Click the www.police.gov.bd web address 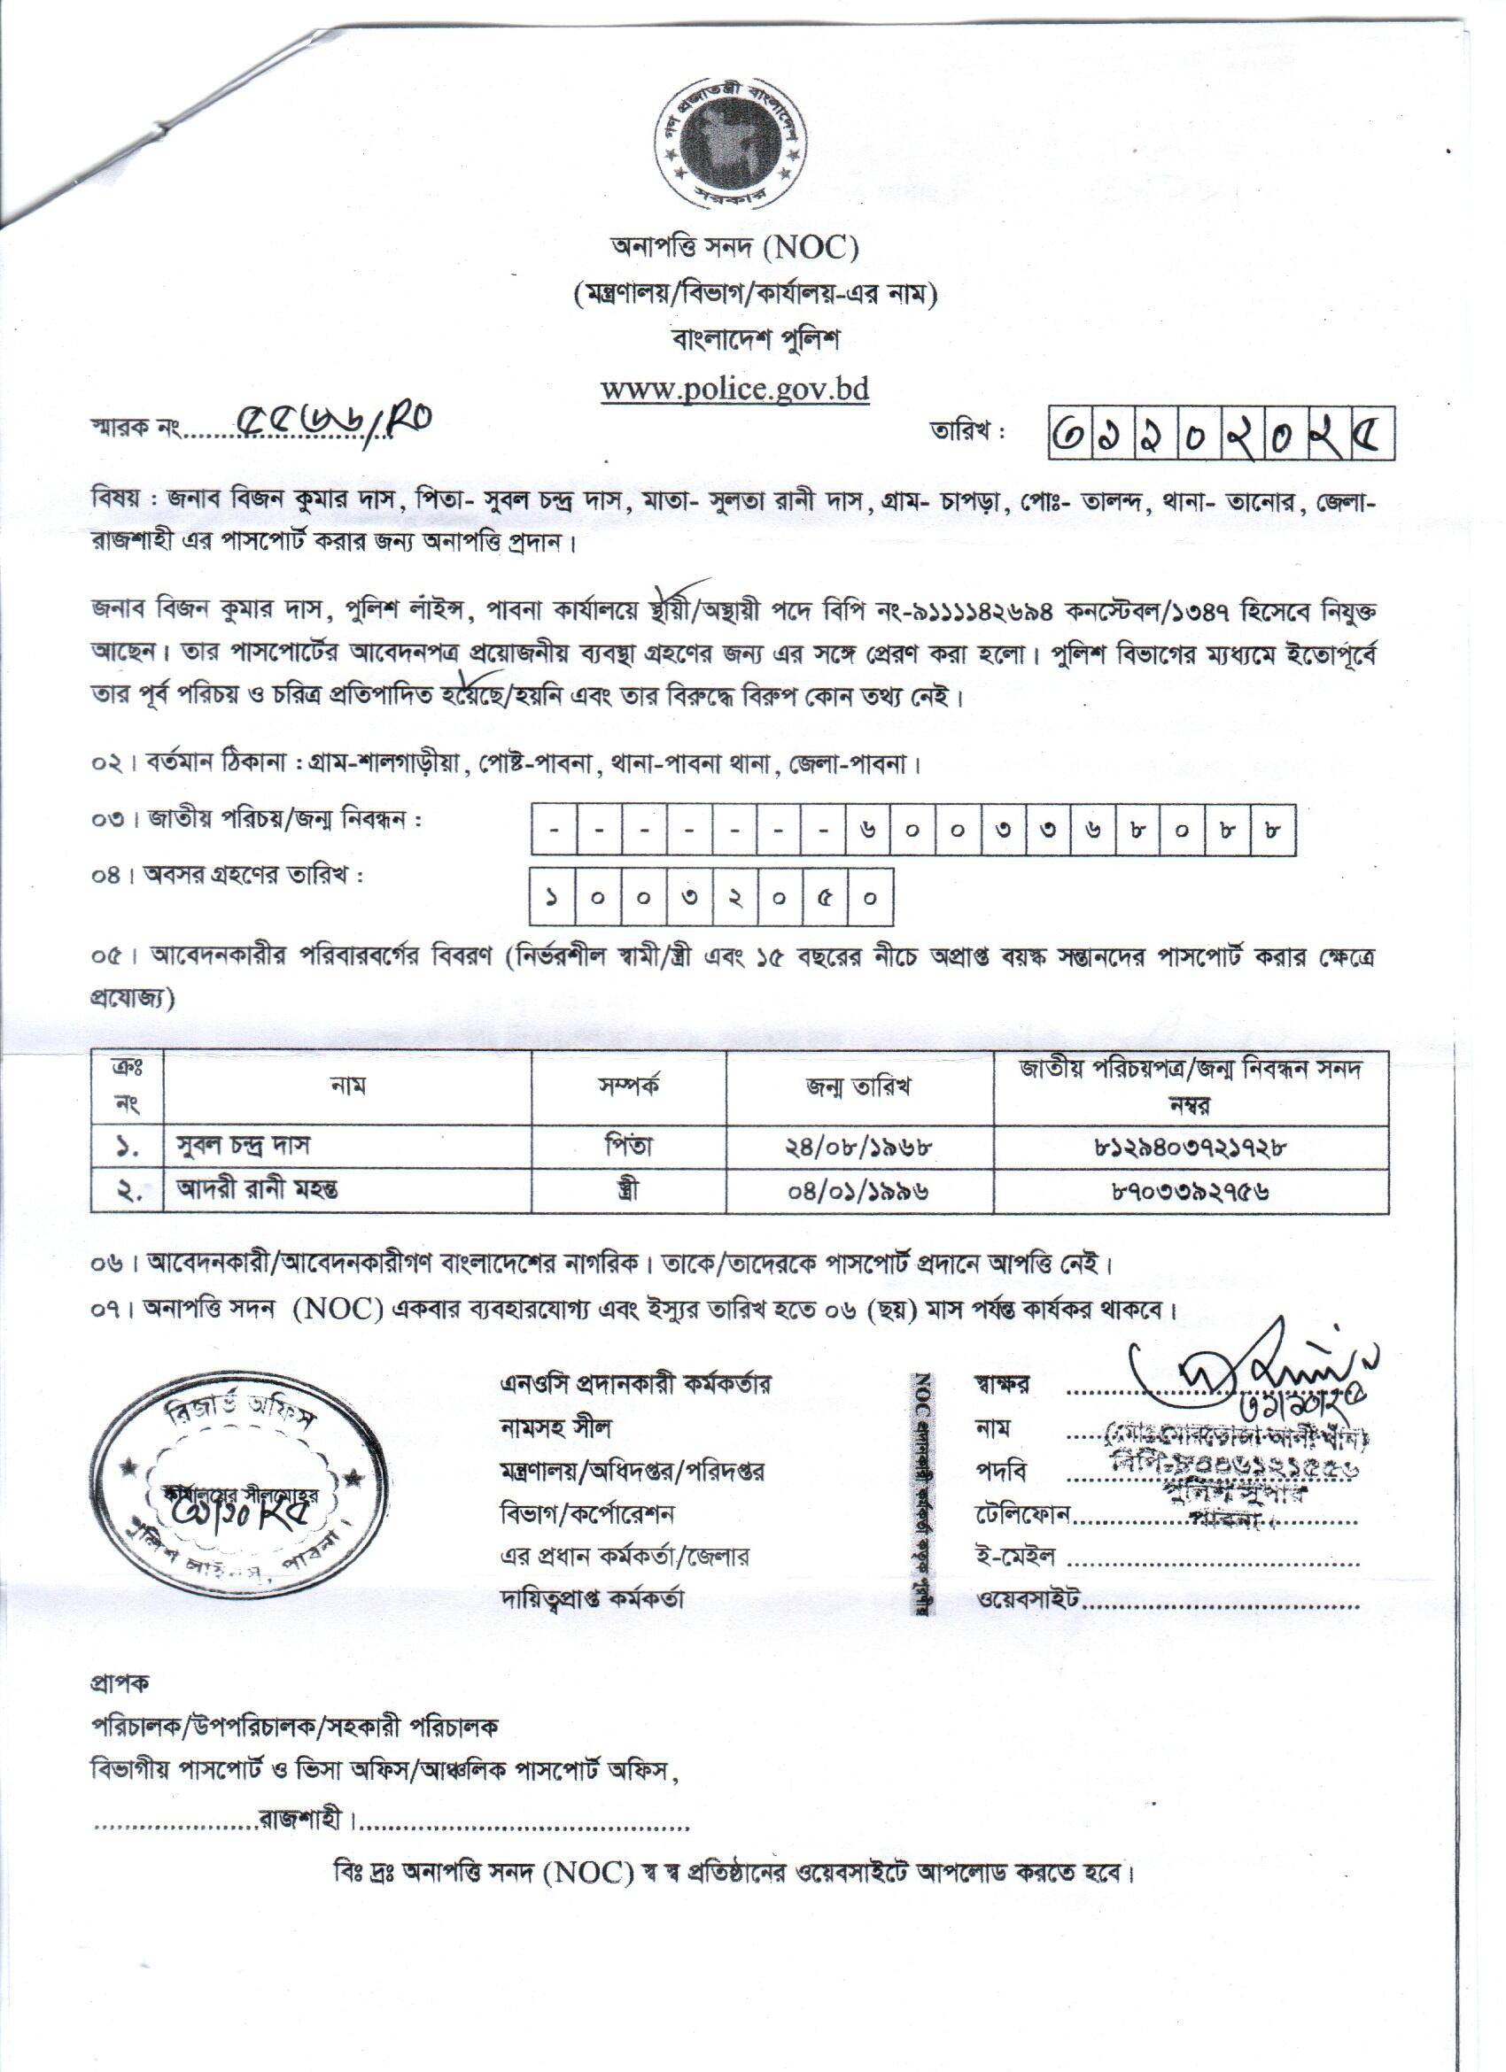click(734, 390)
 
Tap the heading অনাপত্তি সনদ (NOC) click(734, 247)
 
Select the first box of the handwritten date click(1068, 433)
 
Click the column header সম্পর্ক click(630, 1086)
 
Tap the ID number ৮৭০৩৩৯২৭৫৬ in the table click(1190, 1190)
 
